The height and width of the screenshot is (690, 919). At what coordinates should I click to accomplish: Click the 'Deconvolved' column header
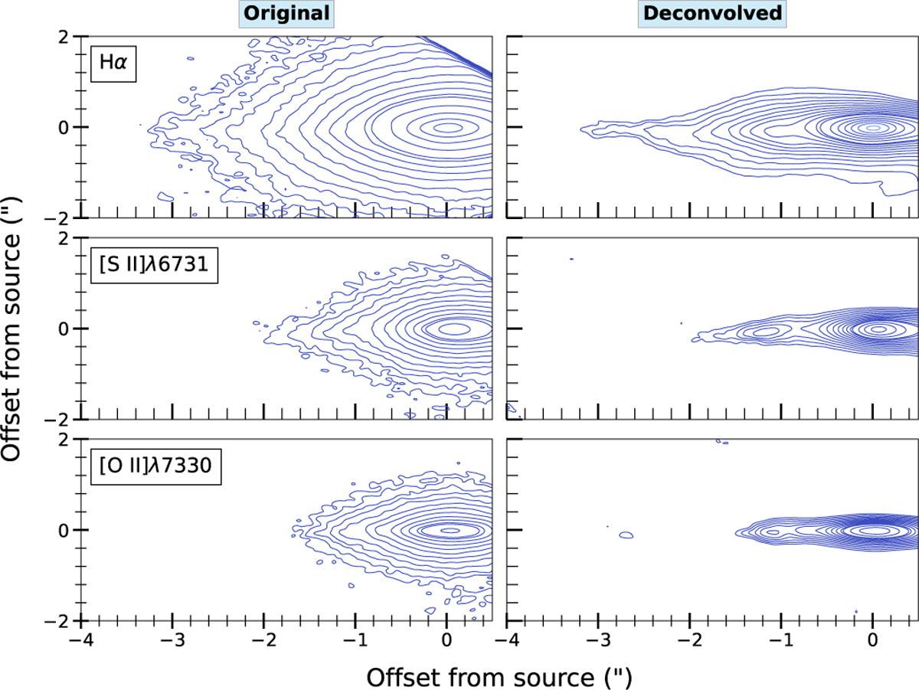click(x=711, y=13)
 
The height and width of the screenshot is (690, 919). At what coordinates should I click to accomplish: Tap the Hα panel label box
click(x=110, y=61)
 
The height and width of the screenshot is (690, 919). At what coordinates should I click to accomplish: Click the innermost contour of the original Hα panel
click(x=446, y=127)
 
